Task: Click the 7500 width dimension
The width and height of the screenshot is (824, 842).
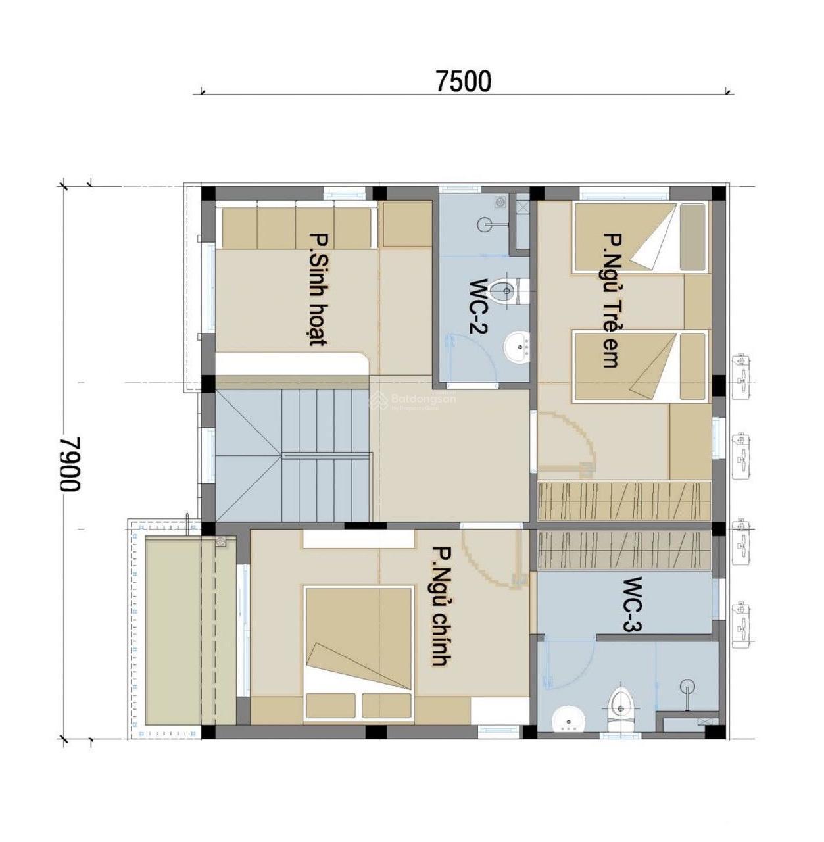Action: tap(463, 81)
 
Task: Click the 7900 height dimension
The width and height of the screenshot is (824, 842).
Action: tap(70, 464)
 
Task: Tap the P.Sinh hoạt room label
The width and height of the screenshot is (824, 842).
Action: tap(318, 289)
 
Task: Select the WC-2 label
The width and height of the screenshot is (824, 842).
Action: tap(478, 307)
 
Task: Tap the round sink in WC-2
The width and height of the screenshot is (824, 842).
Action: tap(518, 345)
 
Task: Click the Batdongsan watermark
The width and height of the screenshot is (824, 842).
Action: tap(414, 400)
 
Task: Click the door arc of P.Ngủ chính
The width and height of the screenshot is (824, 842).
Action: tap(487, 559)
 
